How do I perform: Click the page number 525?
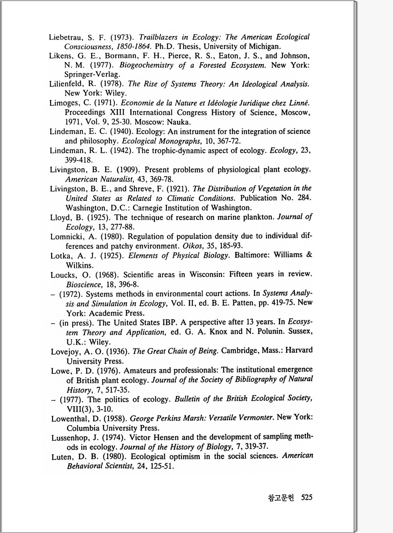307,497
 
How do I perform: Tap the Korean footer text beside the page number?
281,498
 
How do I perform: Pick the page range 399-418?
79,160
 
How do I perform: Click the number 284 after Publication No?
304,198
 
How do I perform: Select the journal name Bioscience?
84,285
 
